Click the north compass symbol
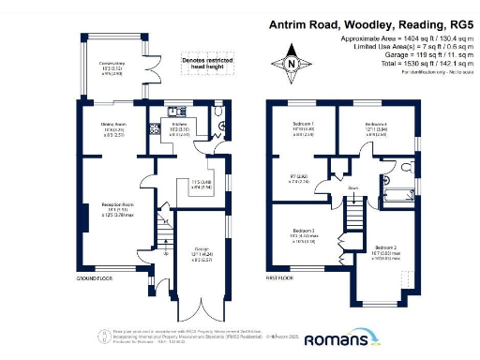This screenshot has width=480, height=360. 292,63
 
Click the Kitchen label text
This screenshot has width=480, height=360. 177,127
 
